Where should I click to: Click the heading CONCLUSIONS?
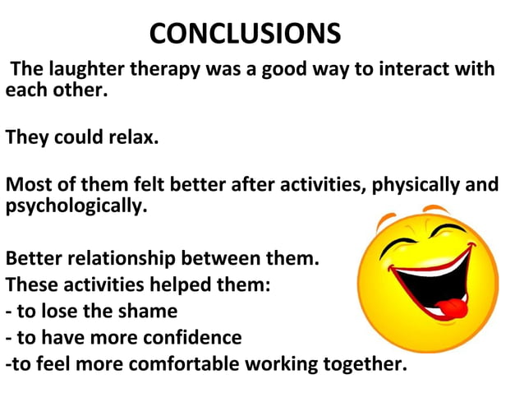[x=245, y=34]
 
